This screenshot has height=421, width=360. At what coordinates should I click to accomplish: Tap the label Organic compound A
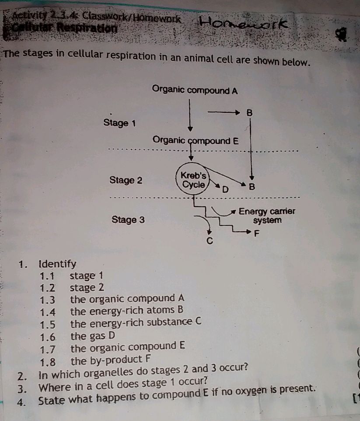click(x=195, y=91)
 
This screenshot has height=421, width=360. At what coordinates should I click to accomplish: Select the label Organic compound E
click(x=196, y=141)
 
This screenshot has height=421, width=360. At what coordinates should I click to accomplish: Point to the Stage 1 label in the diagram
click(x=119, y=123)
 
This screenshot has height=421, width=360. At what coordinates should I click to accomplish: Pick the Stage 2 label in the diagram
click(x=126, y=180)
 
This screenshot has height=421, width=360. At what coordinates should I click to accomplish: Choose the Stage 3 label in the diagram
click(x=128, y=219)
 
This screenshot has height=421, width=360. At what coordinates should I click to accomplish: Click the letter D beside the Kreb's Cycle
click(x=225, y=190)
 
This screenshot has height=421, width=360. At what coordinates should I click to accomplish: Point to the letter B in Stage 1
click(x=249, y=113)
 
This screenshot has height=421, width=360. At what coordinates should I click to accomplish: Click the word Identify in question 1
click(x=57, y=264)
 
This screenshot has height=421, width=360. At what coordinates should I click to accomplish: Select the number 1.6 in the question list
click(x=48, y=337)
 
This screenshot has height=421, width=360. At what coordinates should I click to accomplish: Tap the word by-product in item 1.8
click(x=106, y=361)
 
